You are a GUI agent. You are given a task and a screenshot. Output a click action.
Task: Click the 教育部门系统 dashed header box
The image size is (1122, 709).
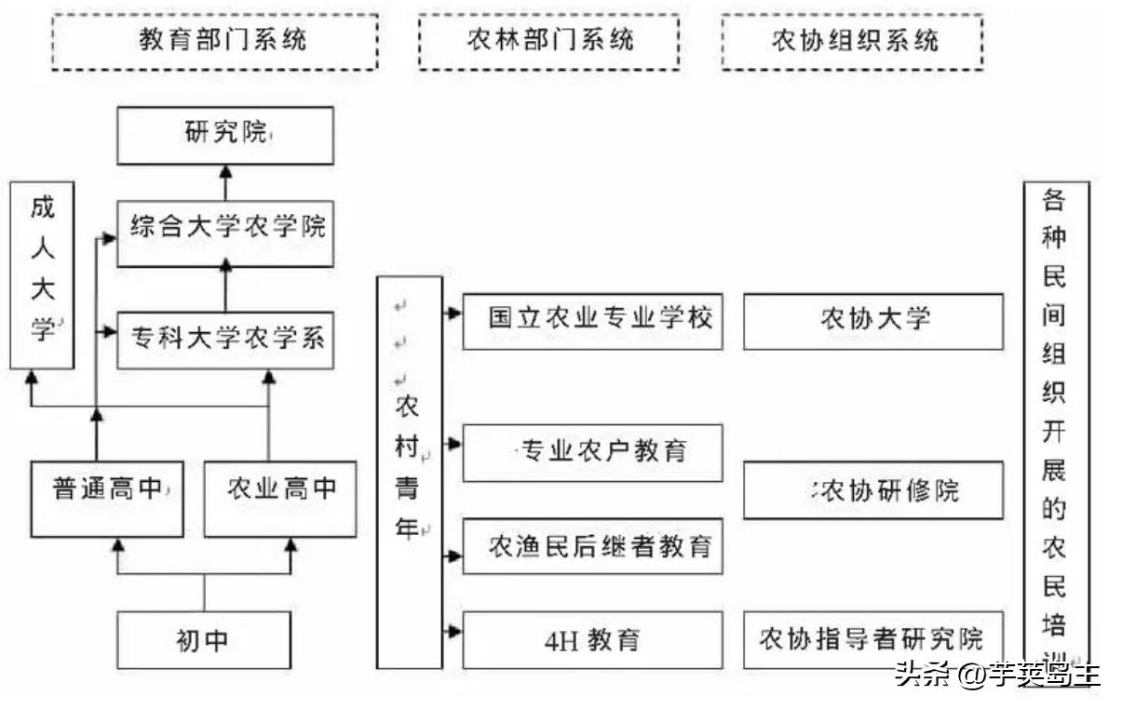pos(214,42)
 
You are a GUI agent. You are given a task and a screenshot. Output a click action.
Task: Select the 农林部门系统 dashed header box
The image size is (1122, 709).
pos(548,42)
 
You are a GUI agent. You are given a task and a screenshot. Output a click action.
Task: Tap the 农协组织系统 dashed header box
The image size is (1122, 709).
pos(852,42)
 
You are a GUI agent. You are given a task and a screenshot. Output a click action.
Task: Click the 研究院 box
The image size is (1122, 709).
pos(224,136)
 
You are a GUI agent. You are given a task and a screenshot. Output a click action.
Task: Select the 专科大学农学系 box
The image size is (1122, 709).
pos(224,339)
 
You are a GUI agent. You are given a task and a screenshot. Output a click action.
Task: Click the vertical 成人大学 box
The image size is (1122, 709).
pos(42,275)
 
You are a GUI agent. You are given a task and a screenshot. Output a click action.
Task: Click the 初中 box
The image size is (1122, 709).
pos(204,640)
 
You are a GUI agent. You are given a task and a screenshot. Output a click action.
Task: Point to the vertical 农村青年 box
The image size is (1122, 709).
pos(408,472)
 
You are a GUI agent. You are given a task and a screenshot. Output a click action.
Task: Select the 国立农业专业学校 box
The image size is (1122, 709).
pos(592,321)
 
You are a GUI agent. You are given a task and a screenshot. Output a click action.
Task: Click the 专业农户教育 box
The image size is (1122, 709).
pos(592,453)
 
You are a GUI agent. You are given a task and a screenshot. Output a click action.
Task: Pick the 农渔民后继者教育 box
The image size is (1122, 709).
pos(592,547)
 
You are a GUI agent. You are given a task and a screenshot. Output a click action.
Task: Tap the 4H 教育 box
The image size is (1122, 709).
pos(592,640)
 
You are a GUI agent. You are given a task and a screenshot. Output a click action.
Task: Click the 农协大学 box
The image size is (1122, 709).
pos(872,321)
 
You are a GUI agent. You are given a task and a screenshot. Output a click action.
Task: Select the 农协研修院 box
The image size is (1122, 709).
pos(872,490)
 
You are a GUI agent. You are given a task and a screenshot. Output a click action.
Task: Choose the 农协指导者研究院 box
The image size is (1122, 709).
pos(872,640)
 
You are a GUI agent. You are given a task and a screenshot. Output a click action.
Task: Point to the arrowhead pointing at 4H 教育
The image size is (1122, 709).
pos(454,631)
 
